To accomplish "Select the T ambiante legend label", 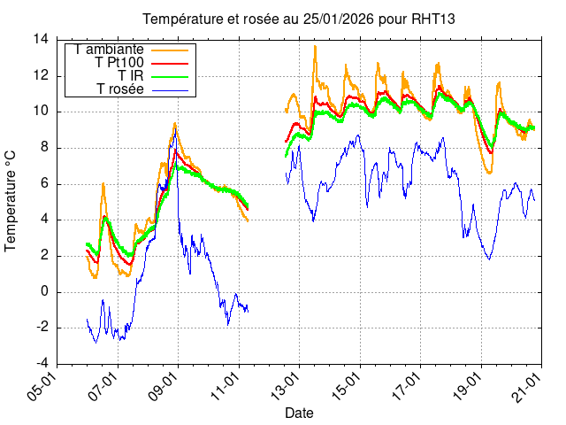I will [110, 50].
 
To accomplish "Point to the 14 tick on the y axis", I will [41, 39].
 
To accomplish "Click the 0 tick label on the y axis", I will [44, 292].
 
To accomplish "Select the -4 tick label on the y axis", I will [41, 364].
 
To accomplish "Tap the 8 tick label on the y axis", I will [44, 148].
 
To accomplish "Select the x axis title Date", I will [299, 413].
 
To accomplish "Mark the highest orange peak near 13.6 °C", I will [315, 46].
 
